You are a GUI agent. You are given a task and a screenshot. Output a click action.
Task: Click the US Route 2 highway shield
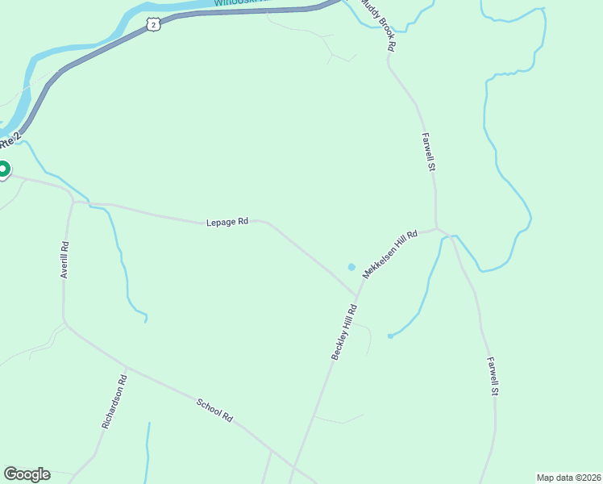pyautogui.click(x=154, y=26)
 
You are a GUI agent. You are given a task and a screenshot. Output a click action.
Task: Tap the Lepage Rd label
pyautogui.click(x=227, y=221)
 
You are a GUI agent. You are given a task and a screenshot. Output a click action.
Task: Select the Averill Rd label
pyautogui.click(x=64, y=261)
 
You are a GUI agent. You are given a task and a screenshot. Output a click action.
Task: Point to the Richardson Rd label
pyautogui.click(x=114, y=402)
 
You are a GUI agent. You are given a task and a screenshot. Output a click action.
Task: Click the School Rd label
pyautogui.click(x=215, y=411)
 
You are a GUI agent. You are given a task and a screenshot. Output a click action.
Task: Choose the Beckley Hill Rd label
pyautogui.click(x=344, y=332)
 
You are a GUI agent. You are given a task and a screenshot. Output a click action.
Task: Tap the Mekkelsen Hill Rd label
pyautogui.click(x=389, y=255)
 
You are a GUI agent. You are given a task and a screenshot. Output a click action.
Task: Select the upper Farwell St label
pyautogui.click(x=429, y=152)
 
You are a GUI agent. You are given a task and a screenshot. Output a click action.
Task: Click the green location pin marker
pyautogui.click(x=2, y=169)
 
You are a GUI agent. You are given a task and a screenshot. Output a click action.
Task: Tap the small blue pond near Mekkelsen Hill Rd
pyautogui.click(x=351, y=267)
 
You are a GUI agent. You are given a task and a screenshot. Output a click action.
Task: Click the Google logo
pyautogui.click(x=27, y=474)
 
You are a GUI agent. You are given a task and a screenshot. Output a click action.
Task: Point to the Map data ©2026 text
pyautogui.click(x=568, y=477)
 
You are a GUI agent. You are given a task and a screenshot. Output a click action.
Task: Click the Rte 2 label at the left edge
pyautogui.click(x=9, y=142)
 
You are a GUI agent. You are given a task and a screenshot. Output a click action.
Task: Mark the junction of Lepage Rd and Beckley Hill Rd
pyautogui.click(x=358, y=294)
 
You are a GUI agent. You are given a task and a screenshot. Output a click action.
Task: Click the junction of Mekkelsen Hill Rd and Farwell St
pyautogui.click(x=437, y=228)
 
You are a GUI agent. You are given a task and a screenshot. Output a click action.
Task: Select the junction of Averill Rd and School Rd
pyautogui.click(x=64, y=324)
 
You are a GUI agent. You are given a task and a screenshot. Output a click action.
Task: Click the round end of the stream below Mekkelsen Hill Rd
pyautogui.click(x=389, y=336)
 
